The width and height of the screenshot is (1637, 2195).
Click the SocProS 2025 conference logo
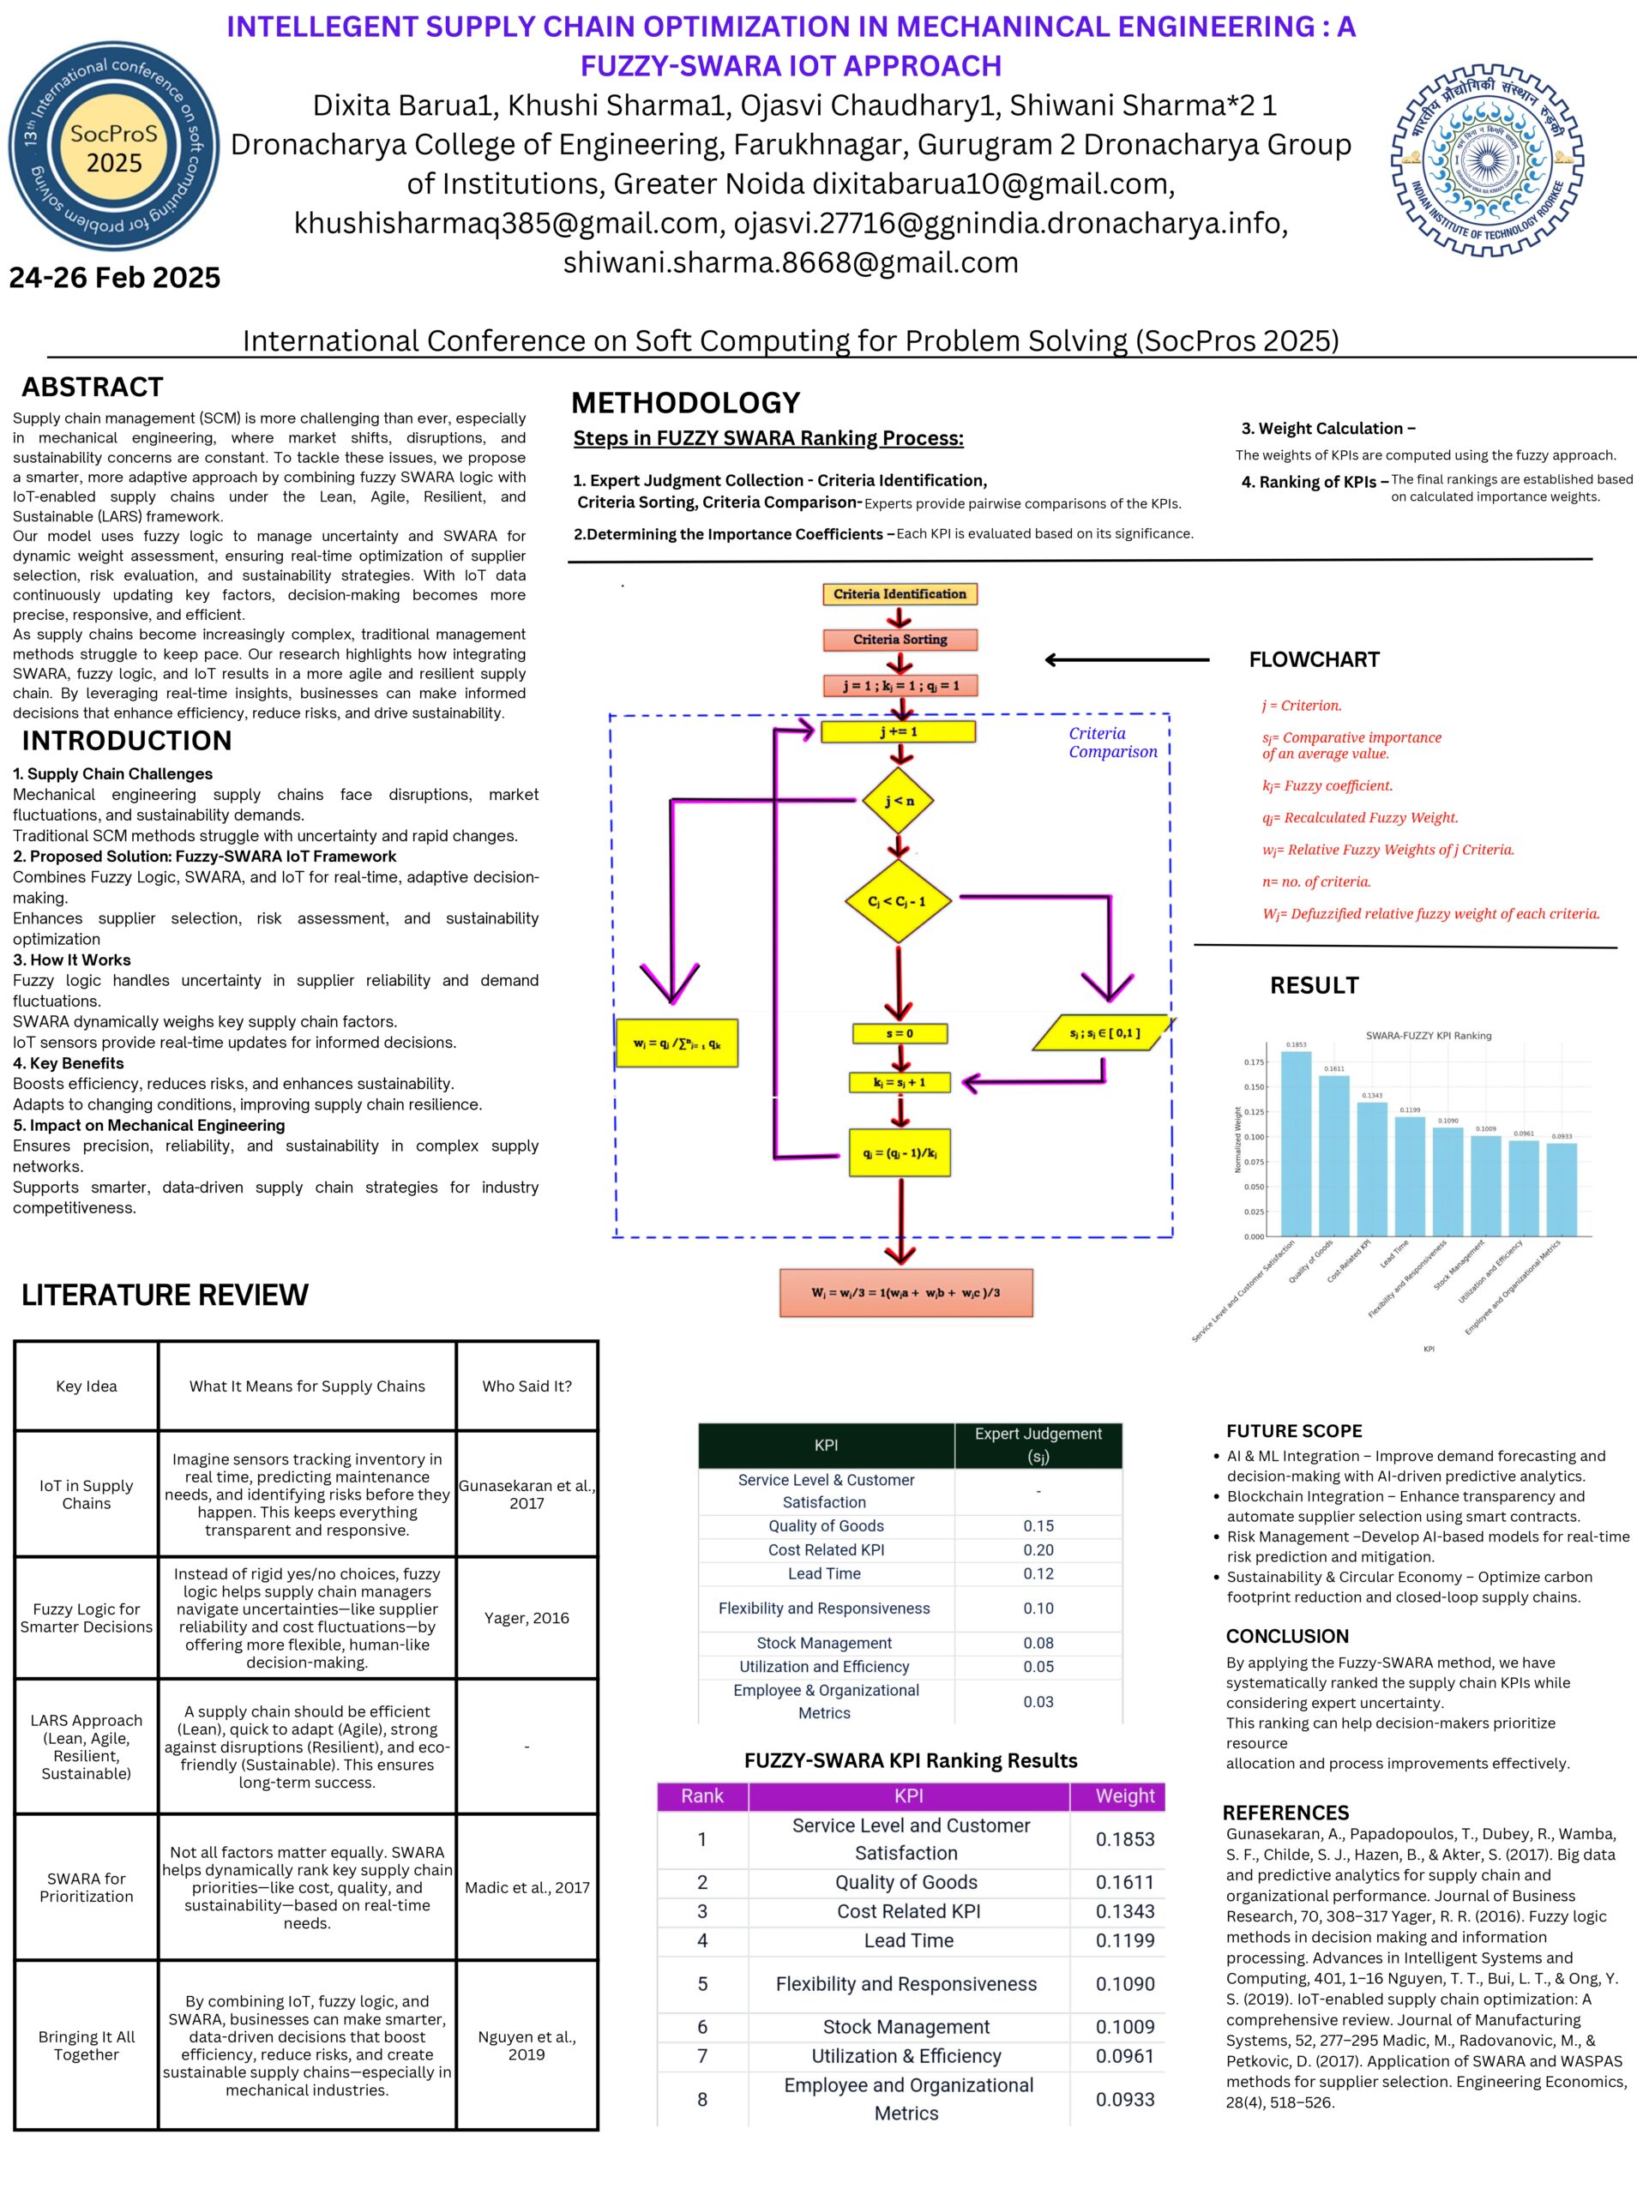pyautogui.click(x=114, y=147)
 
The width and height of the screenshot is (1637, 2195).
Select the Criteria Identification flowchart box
pyautogui.click(x=899, y=594)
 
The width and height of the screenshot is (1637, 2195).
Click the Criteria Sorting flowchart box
pyautogui.click(x=899, y=640)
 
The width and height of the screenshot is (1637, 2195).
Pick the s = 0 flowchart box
pyautogui.click(x=899, y=1033)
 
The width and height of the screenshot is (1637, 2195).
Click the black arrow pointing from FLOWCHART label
pyautogui.click(x=1127, y=659)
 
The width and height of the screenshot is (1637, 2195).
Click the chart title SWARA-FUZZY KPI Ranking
pyautogui.click(x=1428, y=1035)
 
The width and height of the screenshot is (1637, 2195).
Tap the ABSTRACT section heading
pyautogui.click(x=92, y=388)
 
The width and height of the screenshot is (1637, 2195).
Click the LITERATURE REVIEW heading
pyautogui.click(x=165, y=1295)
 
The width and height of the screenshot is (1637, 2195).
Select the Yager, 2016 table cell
pyautogui.click(x=527, y=1617)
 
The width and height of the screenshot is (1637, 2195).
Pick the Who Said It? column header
pyautogui.click(x=527, y=1386)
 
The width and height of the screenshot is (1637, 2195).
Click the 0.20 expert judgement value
pyautogui.click(x=1038, y=1550)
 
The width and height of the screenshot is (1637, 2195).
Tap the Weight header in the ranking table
pyautogui.click(x=1123, y=1795)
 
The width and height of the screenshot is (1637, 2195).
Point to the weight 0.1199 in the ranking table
pyautogui.click(x=1123, y=1940)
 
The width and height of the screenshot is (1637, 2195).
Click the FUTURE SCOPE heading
pyautogui.click(x=1294, y=1430)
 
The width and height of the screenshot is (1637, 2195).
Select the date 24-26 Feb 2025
pyautogui.click(x=115, y=277)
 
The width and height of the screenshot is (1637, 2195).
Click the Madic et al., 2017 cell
pyautogui.click(x=527, y=1887)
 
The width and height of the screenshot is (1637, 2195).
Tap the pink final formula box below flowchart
pyautogui.click(x=906, y=1293)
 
